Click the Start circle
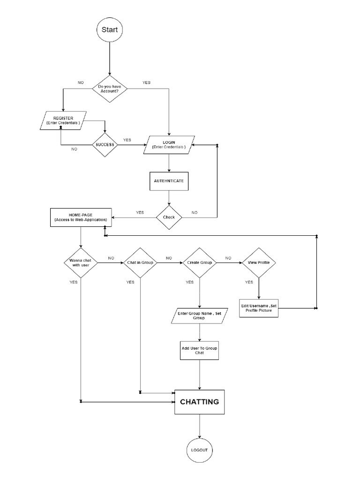(110, 30)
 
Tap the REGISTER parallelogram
(63, 120)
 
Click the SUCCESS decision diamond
(105, 144)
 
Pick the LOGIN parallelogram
(169, 144)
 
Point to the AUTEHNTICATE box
(169, 180)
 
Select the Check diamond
(169, 217)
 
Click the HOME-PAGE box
(81, 217)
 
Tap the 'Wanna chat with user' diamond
(81, 262)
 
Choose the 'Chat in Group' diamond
(140, 262)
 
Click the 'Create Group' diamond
(200, 262)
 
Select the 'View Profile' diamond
(259, 262)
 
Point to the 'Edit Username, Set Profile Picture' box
(259, 307)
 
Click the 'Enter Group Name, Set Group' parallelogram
(200, 315)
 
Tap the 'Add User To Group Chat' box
(200, 350)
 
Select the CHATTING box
(200, 402)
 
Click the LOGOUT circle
(200, 450)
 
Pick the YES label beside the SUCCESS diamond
(127, 140)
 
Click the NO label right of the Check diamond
(195, 212)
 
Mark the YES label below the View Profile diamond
(249, 282)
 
